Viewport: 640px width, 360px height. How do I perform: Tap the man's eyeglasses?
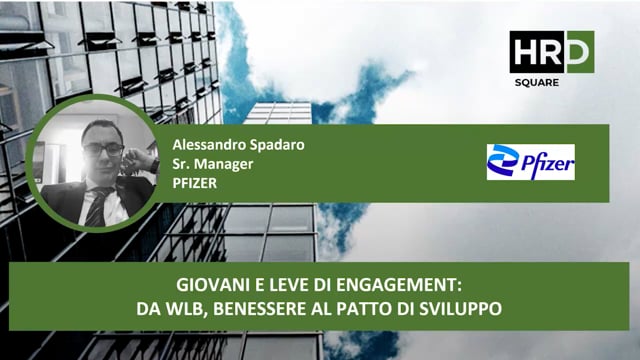pyautogui.click(x=103, y=149)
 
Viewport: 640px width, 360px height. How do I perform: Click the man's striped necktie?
pyautogui.click(x=96, y=204)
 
